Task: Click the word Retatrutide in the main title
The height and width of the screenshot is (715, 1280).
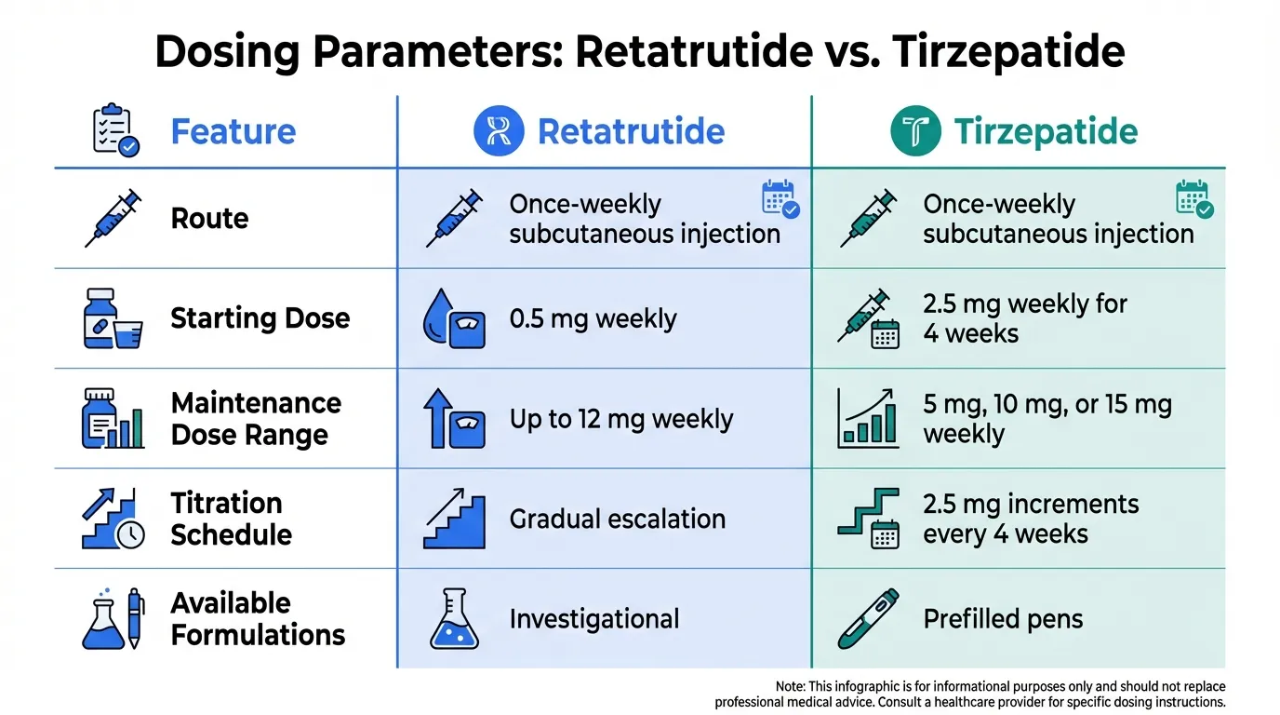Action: tap(694, 51)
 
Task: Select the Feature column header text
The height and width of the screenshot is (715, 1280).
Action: tap(233, 131)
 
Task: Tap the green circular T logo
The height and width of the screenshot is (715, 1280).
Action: tap(915, 130)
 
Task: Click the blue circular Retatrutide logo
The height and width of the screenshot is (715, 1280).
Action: tap(499, 130)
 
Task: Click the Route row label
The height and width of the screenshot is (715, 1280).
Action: tap(209, 219)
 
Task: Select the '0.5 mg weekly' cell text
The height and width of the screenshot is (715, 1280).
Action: tap(593, 318)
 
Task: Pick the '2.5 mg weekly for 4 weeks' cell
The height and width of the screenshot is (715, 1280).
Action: tap(1024, 318)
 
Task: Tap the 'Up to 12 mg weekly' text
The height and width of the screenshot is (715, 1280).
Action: tap(620, 419)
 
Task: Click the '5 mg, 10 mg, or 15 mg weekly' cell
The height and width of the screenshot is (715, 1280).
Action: tap(1047, 419)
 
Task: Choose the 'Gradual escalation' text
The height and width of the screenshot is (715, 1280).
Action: tap(617, 519)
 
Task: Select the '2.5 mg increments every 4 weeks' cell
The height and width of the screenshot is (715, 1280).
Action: tap(1031, 519)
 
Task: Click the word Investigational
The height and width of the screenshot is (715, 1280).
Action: tap(594, 619)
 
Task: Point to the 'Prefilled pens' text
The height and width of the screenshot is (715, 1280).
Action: tap(1003, 619)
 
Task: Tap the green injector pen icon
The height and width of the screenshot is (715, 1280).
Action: tap(868, 618)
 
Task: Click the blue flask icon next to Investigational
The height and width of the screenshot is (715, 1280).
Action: tap(454, 618)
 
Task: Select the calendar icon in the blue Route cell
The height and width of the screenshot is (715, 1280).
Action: tap(780, 199)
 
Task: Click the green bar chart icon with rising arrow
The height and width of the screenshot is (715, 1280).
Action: tap(868, 418)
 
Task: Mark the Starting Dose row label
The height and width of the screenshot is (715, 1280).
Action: tap(260, 318)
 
